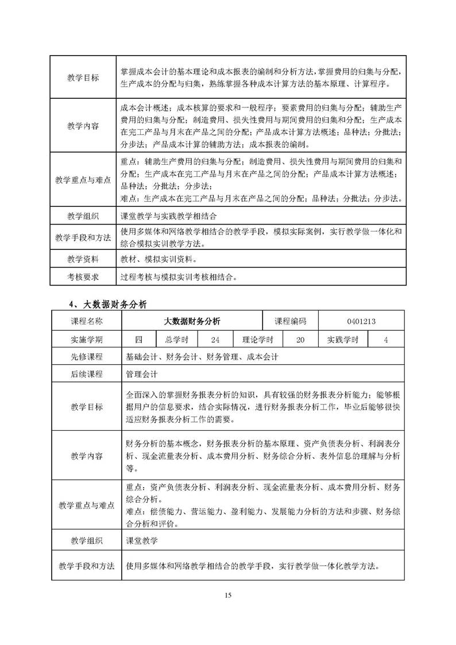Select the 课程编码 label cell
coord(290,322)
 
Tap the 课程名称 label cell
coord(86,322)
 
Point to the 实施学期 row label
coord(86,339)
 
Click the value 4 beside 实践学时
coord(385,339)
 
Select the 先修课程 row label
coord(86,357)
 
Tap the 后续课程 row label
coord(86,374)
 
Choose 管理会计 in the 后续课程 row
coord(140,374)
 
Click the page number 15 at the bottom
coord(228,595)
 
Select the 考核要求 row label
coord(83,277)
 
